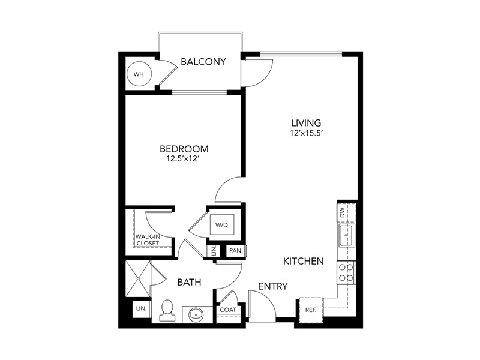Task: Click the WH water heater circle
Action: pyautogui.click(x=139, y=74)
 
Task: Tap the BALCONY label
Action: pyautogui.click(x=203, y=62)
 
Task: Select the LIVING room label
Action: pyautogui.click(x=306, y=123)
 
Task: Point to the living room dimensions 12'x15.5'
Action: pyautogui.click(x=306, y=133)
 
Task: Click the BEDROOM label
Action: pyautogui.click(x=184, y=149)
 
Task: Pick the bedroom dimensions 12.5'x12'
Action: pyautogui.click(x=184, y=158)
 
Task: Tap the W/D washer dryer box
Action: pyautogui.click(x=221, y=224)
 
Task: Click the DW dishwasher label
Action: pyautogui.click(x=342, y=212)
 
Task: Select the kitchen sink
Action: pyautogui.click(x=346, y=235)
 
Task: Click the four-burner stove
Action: pyautogui.click(x=346, y=273)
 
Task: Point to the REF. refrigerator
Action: pyautogui.click(x=311, y=310)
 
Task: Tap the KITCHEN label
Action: pyautogui.click(x=304, y=261)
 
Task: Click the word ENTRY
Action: pyautogui.click(x=273, y=286)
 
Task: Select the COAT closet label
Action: pyautogui.click(x=228, y=310)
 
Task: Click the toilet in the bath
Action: pyautogui.click(x=167, y=310)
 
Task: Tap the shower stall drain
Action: pyautogui.click(x=139, y=278)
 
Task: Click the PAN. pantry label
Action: pyautogui.click(x=236, y=251)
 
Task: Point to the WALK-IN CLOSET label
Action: pyautogui.click(x=148, y=240)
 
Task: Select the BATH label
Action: pyautogui.click(x=189, y=282)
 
